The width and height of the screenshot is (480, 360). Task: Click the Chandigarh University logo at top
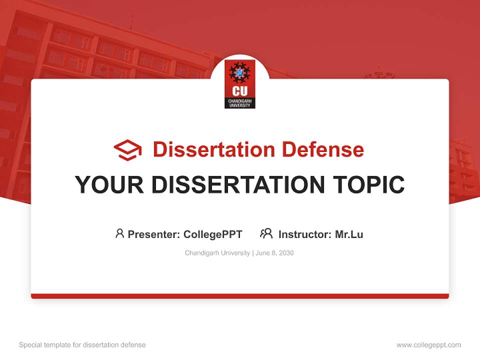(240, 84)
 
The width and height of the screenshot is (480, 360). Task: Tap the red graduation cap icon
(127, 150)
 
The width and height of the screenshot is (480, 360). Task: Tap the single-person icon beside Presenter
(119, 233)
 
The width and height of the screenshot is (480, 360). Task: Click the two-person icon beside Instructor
(266, 233)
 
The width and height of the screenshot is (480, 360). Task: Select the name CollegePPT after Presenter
(213, 234)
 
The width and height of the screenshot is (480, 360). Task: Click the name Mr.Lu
(349, 234)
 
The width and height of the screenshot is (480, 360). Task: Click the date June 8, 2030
(274, 253)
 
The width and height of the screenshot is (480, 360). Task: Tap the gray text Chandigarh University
(217, 253)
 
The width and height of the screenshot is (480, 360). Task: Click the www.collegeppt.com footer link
(428, 345)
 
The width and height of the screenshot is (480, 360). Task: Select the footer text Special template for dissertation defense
(82, 345)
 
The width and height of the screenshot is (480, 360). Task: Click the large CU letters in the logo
(240, 91)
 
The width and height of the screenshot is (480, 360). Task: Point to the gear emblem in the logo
(240, 73)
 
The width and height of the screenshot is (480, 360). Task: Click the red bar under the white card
(240, 296)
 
